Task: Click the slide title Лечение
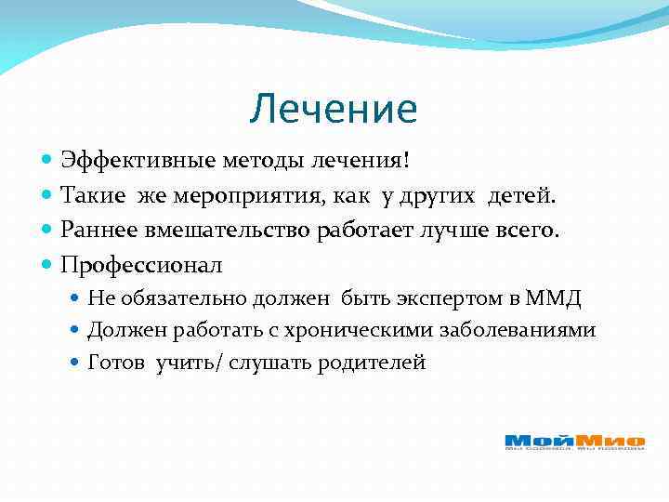pos(334,110)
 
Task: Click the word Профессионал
pos(142,265)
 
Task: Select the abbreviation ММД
pos(554,297)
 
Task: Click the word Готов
pos(116,363)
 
